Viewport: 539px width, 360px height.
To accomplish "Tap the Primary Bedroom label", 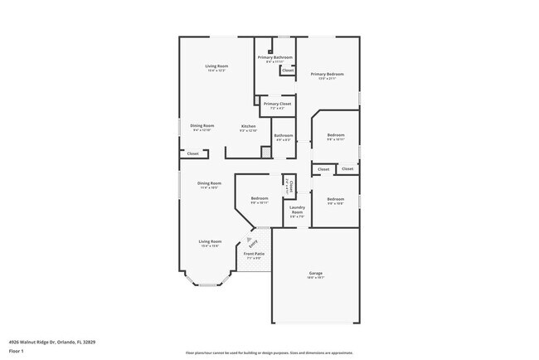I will (327, 74).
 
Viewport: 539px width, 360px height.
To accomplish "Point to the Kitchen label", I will (248, 126).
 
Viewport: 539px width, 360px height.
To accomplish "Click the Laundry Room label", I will (297, 209).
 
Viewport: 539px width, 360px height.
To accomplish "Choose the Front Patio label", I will (254, 253).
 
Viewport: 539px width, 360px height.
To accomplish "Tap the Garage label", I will (315, 274).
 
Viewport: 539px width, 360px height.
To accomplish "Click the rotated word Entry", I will (253, 242).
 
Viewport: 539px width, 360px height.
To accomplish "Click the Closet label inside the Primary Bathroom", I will (287, 71).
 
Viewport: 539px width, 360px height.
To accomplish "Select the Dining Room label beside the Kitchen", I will (202, 125).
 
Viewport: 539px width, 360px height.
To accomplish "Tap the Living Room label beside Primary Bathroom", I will (216, 66).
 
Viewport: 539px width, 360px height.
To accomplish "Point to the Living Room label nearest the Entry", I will (209, 241).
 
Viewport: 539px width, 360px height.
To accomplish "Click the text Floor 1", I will (16, 351).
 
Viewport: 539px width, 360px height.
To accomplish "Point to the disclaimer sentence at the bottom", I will (270, 352).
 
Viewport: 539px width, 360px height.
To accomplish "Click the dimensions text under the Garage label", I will (315, 278).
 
